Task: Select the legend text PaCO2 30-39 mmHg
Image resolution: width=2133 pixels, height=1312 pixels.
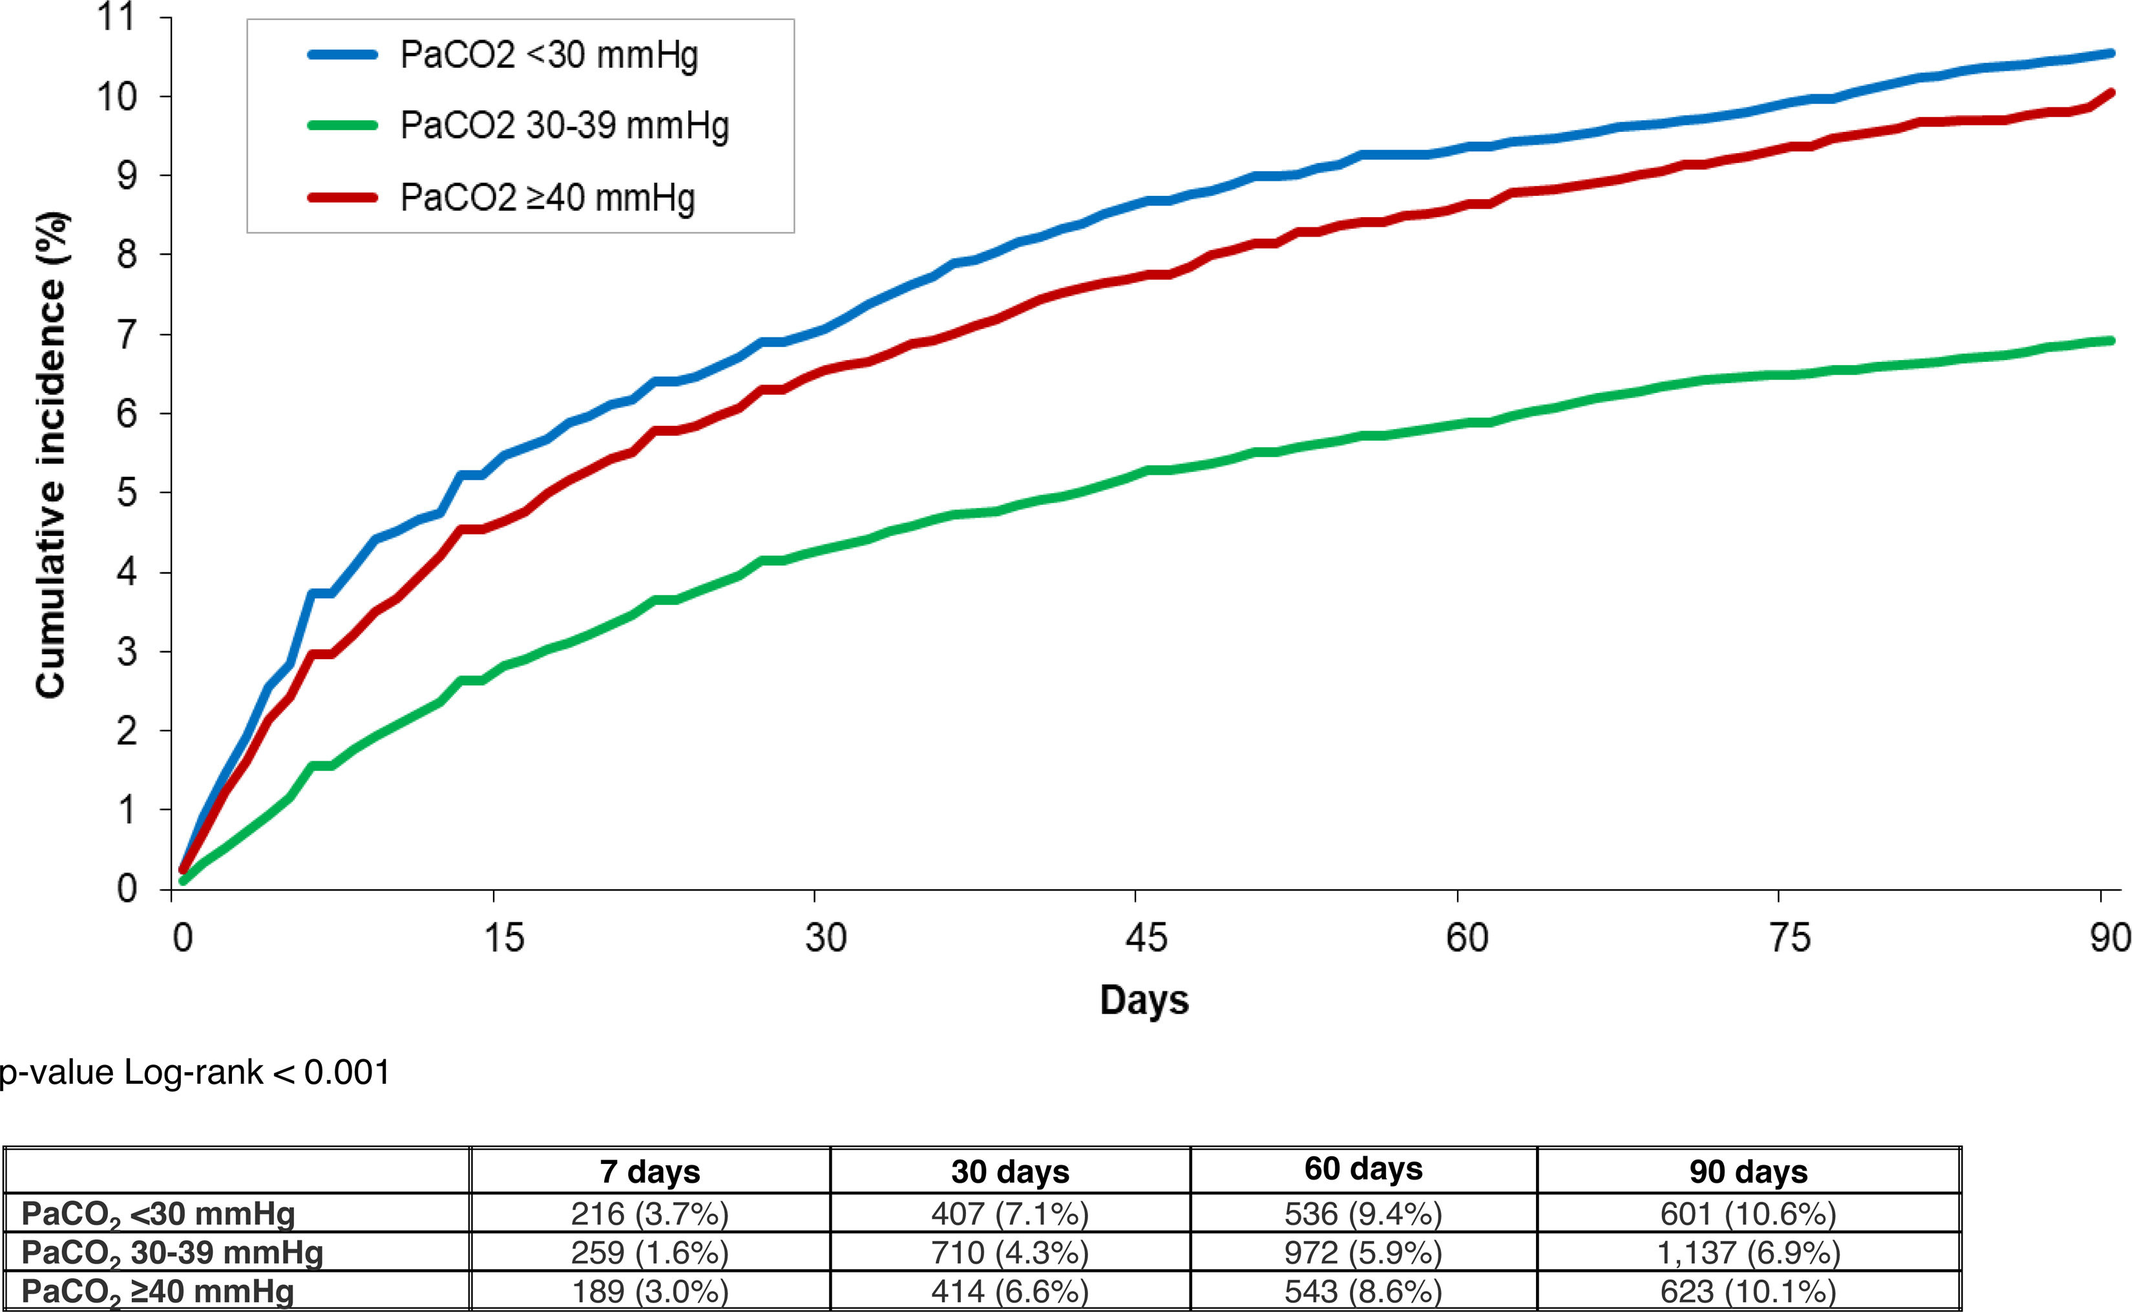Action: [x=564, y=126]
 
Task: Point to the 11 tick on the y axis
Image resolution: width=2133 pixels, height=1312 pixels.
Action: [x=116, y=17]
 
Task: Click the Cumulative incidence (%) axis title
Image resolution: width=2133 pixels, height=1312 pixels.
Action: [x=50, y=455]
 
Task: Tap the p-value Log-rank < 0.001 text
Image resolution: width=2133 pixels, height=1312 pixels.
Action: [x=194, y=1072]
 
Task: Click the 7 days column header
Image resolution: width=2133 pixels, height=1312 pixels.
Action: [x=649, y=1171]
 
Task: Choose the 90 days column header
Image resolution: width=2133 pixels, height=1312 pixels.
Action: [x=1748, y=1171]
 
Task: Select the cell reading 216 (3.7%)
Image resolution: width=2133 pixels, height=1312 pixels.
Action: [x=649, y=1213]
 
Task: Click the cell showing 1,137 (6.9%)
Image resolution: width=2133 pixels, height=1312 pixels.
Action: [x=1748, y=1252]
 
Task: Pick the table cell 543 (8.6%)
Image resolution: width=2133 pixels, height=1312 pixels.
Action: [x=1363, y=1291]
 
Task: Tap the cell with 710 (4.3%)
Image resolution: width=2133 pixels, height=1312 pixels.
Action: [x=1010, y=1252]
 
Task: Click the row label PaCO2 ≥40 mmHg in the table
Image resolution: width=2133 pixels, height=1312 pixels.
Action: [x=158, y=1292]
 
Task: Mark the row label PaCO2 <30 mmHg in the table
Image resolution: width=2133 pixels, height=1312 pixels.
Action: [x=158, y=1214]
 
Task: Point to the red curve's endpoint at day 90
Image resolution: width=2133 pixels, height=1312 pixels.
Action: [x=2111, y=92]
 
